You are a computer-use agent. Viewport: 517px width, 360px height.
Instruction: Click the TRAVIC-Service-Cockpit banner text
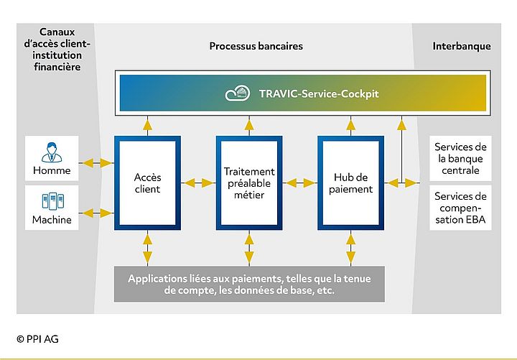pos(309,93)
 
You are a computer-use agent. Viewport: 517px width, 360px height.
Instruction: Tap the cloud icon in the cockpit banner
pos(238,93)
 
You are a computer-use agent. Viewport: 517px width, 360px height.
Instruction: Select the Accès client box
pos(146,183)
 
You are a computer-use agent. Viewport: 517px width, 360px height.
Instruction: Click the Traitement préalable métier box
pos(248,183)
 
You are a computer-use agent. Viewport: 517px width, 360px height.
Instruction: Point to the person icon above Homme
pos(52,153)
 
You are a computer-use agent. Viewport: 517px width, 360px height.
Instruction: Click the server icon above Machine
pos(52,202)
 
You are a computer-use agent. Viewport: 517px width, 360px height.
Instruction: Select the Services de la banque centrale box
pos(460,159)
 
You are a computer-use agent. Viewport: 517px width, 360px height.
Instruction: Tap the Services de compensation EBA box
pos(460,208)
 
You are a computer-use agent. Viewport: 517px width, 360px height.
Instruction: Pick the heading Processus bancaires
pos(256,46)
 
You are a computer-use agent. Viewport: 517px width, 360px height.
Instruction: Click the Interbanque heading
pos(462,46)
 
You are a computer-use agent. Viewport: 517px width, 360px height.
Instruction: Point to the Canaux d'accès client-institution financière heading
pos(56,49)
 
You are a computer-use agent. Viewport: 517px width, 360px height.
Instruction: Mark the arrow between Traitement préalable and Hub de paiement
pos(300,183)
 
